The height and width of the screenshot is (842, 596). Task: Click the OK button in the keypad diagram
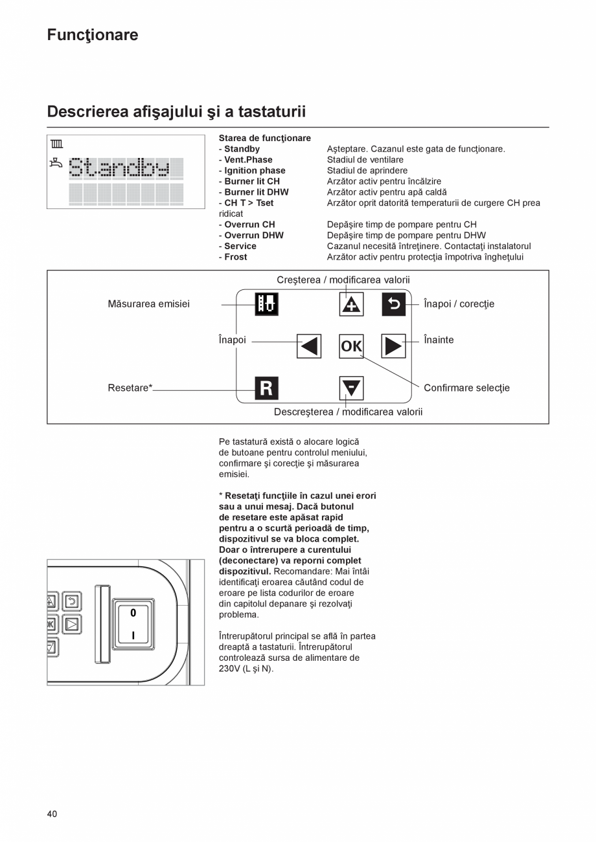point(352,346)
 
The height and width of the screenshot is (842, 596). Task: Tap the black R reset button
point(266,388)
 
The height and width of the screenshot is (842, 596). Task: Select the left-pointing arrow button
point(309,346)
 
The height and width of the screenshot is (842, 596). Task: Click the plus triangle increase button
point(352,304)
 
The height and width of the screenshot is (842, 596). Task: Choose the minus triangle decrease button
point(352,388)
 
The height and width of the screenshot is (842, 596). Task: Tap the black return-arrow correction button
point(393,304)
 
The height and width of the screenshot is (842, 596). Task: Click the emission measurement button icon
point(266,304)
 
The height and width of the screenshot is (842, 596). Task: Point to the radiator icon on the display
point(57,145)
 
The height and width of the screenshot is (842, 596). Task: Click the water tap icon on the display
point(56,164)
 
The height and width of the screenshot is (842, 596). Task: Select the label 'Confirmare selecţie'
point(466,388)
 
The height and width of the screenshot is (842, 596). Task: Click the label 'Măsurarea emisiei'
point(149,304)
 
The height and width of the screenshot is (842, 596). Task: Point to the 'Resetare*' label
point(130,388)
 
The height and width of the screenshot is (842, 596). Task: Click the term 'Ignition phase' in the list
point(255,171)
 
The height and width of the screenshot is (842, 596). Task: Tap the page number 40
point(52,814)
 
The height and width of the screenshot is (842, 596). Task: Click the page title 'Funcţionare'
point(93,35)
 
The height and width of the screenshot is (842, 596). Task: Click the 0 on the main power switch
point(133,612)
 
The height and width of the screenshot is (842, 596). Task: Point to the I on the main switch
point(133,636)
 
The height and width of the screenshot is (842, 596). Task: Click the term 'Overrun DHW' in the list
point(253,236)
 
